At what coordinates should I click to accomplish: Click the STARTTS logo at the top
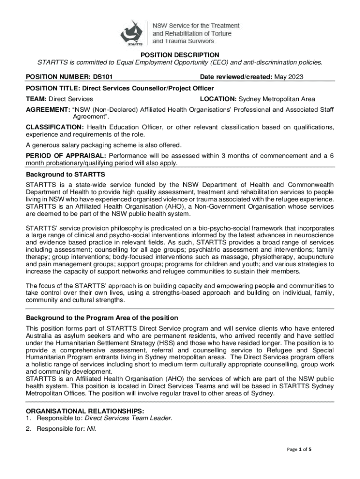[134, 33]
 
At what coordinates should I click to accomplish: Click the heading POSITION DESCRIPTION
[180, 55]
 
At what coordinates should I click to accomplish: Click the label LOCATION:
[218, 99]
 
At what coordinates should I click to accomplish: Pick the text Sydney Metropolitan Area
[277, 99]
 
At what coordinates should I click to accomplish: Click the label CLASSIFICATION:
[55, 127]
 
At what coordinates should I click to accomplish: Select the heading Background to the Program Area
[101, 318]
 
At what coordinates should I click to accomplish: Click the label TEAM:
[36, 99]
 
